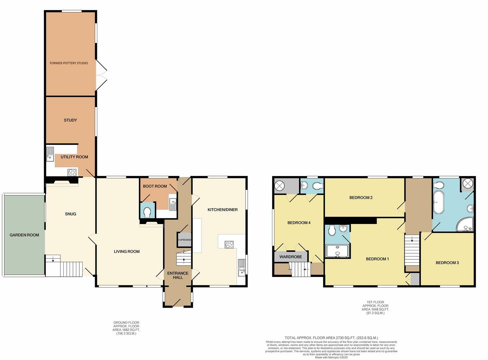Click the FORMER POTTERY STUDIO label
click(x=69, y=63)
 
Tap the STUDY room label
click(x=70, y=120)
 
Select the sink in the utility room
click(x=50, y=154)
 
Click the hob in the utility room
click(x=72, y=172)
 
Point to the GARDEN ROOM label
click(x=24, y=235)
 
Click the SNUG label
click(x=70, y=214)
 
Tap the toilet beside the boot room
click(x=147, y=212)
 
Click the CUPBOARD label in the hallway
click(x=184, y=240)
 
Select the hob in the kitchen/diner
click(x=230, y=245)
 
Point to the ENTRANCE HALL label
click(x=178, y=275)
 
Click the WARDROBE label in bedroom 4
click(x=290, y=257)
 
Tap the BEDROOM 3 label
click(x=447, y=263)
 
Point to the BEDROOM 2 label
click(x=361, y=198)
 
